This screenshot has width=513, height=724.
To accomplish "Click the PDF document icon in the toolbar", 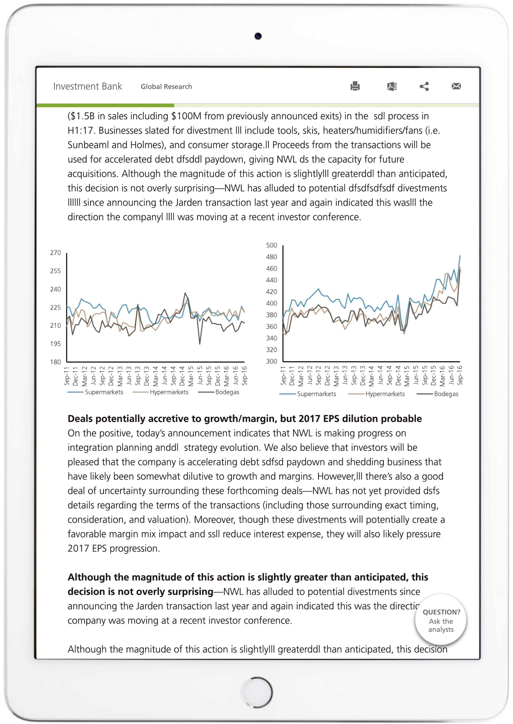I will (x=392, y=86).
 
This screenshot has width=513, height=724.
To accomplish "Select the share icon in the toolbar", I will (x=424, y=86).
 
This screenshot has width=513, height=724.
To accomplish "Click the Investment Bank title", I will (x=88, y=86).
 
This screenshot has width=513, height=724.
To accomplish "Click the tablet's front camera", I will (x=258, y=36).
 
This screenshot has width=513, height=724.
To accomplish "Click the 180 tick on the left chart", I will (x=56, y=362).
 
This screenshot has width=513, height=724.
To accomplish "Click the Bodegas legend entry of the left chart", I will (x=227, y=392).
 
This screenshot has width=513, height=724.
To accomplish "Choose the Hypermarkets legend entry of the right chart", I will (x=385, y=394).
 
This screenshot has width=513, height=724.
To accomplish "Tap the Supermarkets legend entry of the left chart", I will (x=104, y=392).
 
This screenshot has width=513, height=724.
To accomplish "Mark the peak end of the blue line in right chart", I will (x=460, y=255).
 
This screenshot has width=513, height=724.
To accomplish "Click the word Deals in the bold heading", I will (x=80, y=419).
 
